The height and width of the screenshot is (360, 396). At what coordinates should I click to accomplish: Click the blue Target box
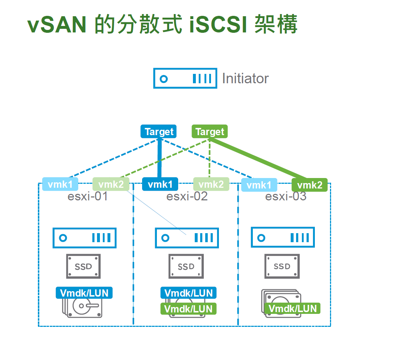point(159,132)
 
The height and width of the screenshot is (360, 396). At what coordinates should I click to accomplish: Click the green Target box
point(210,132)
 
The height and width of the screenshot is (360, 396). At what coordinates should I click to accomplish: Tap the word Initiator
point(245,79)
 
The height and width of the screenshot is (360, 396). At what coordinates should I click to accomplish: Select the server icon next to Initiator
point(185,78)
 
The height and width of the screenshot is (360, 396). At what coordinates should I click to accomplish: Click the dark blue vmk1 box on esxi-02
point(160,185)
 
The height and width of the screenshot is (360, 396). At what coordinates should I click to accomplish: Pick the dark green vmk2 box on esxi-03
point(309,185)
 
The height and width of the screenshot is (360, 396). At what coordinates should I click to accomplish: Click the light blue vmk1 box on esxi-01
point(60,185)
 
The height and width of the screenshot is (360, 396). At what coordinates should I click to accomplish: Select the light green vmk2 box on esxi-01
point(111,185)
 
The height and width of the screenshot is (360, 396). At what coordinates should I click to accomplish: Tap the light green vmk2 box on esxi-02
point(211,185)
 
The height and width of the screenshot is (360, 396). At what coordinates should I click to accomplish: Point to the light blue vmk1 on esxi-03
point(259,185)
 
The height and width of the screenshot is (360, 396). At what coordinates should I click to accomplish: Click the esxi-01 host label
point(87,197)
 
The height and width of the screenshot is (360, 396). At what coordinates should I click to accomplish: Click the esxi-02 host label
point(187,197)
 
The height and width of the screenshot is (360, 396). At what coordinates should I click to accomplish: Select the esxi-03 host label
point(286,197)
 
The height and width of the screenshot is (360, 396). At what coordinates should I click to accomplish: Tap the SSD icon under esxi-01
point(83,266)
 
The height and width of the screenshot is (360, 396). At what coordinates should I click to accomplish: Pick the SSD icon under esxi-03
point(282,266)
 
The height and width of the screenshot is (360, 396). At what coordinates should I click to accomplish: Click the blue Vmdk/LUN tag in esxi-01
point(84,293)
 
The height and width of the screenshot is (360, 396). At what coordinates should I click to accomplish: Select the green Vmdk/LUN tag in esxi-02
point(188,309)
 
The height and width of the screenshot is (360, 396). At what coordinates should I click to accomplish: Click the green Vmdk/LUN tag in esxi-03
point(292,308)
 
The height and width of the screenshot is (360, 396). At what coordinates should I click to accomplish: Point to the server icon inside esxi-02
point(187,238)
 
